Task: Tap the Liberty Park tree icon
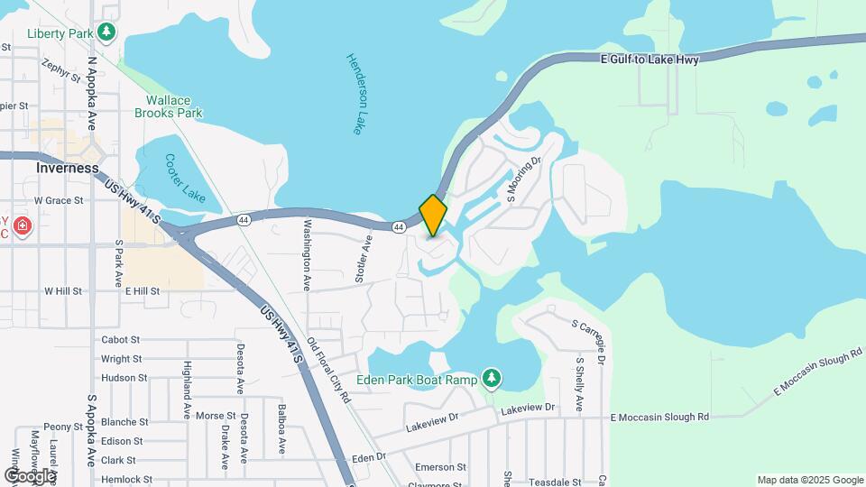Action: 107,32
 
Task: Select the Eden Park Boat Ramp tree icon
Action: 492,378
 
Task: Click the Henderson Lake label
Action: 355,94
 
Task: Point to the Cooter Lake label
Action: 186,178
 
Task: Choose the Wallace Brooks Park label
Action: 169,107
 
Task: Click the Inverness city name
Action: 68,168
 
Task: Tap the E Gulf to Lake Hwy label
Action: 649,59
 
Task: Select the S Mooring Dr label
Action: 523,179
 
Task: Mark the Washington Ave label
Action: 307,255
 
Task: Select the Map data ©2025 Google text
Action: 809,480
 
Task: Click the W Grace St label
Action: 59,200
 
